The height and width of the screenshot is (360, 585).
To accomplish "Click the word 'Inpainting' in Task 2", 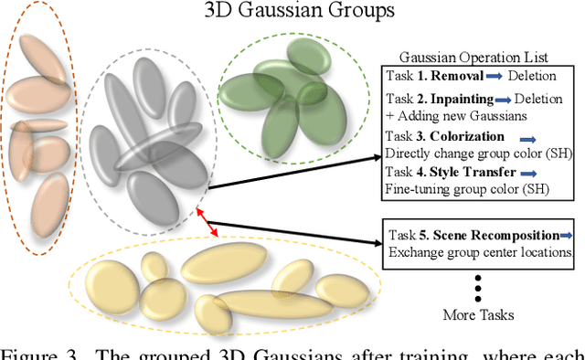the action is pos(462,99).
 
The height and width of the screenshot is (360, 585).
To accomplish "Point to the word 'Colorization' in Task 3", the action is pos(469,138).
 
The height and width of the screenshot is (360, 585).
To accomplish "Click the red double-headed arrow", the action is pos(209,223).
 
